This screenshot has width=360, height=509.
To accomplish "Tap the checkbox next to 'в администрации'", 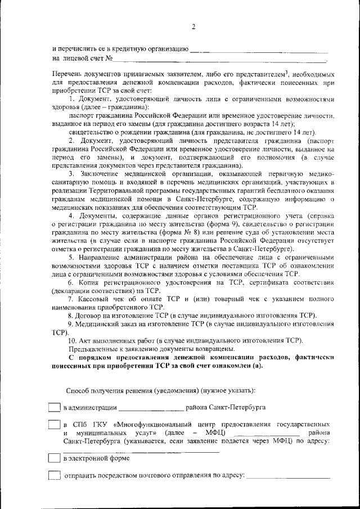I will point(55,407).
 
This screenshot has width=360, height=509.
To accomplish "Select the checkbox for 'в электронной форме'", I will point(55,459).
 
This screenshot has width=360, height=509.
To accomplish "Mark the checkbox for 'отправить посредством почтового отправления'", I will point(55,476).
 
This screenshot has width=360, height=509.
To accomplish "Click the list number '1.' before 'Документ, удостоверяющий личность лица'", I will point(71,100).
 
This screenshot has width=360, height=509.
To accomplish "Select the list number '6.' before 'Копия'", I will point(71,282).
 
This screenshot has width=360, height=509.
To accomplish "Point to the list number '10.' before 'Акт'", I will point(72,341).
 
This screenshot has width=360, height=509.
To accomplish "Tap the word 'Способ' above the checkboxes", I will point(78,390).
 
